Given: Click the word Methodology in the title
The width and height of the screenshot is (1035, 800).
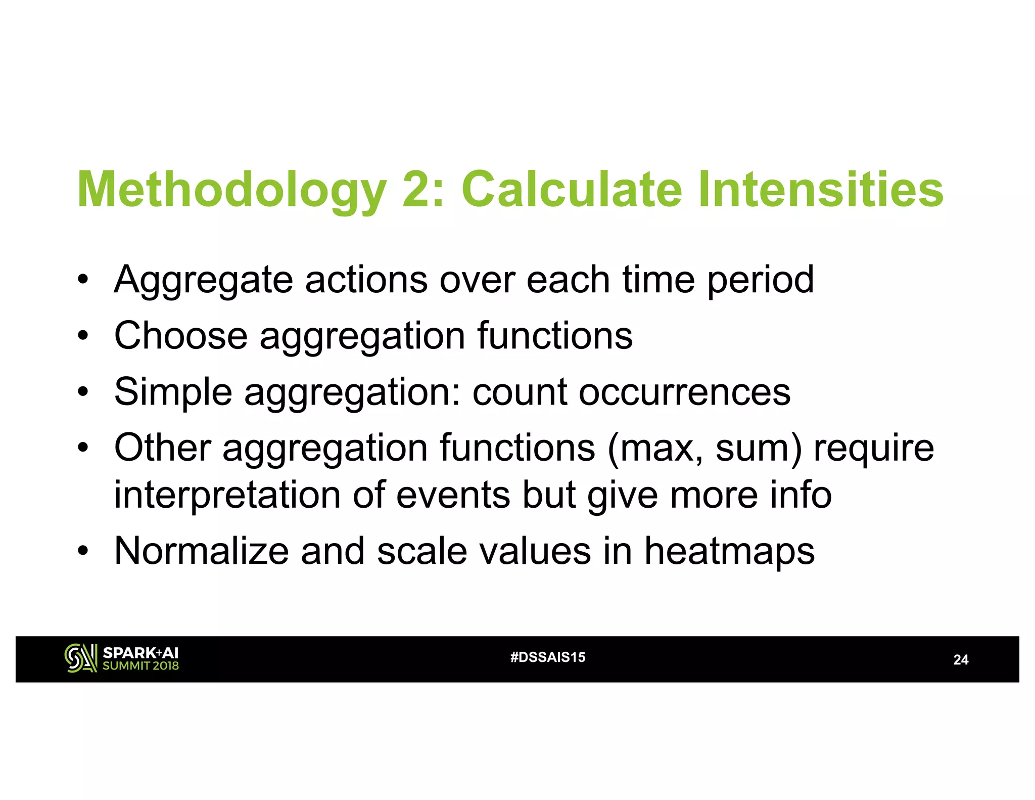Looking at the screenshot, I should click(231, 190).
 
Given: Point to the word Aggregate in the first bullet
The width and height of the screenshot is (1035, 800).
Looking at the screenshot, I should click(203, 281).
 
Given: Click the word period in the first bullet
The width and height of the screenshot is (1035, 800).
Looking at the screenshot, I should click(760, 280).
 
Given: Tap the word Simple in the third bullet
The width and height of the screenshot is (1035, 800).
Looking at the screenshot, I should click(173, 393).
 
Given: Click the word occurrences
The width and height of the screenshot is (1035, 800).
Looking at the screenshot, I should click(684, 392).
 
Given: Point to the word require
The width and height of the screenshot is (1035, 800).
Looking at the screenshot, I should click(874, 449).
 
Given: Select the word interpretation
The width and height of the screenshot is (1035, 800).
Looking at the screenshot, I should click(227, 496).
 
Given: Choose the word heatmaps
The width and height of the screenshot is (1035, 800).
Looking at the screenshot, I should click(729, 552).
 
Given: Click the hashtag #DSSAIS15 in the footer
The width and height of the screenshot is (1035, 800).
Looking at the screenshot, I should click(548, 657).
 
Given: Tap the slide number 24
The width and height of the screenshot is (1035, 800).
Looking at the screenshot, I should click(960, 660).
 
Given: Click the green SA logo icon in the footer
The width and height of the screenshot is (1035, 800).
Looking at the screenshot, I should click(80, 658).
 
